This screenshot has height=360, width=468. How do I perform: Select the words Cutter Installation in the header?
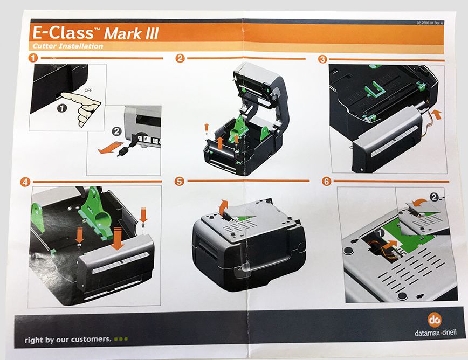[68, 46]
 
